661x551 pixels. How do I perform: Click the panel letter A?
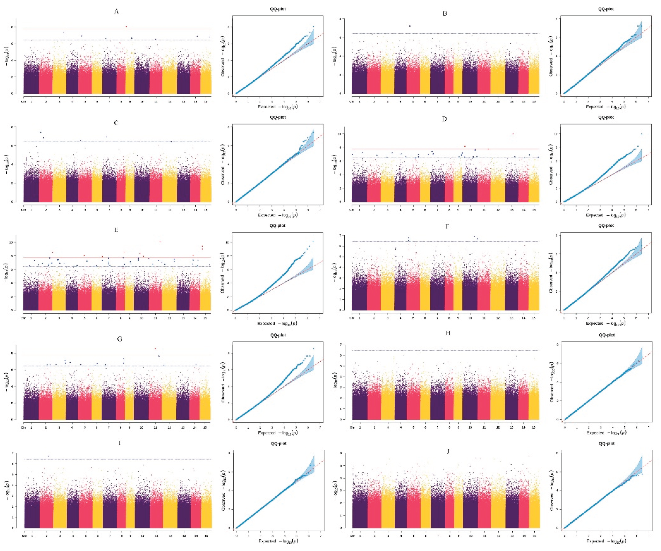coord(116,12)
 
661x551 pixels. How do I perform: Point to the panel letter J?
coord(448,451)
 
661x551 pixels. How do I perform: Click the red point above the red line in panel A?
coord(126,27)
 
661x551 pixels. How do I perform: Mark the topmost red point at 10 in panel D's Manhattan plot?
coord(513,134)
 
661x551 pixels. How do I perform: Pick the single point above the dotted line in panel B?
coord(410,26)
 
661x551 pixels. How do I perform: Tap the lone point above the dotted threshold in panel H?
coord(442,348)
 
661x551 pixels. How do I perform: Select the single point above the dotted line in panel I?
coord(49,456)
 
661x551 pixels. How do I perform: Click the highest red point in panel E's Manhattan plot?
coord(160,241)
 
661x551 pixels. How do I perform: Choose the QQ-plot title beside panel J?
coord(606,443)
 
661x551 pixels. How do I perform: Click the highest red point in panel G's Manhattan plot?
coord(155,349)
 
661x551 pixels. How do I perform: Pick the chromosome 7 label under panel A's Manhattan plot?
coord(109,102)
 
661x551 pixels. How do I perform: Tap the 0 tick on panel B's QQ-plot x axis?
coord(564,102)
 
